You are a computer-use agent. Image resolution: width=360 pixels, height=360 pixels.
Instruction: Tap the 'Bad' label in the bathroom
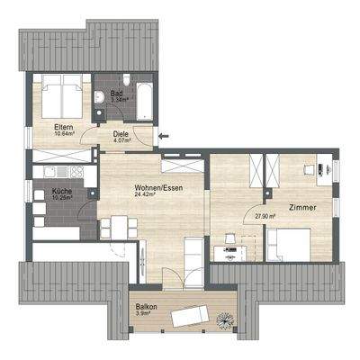(117, 93)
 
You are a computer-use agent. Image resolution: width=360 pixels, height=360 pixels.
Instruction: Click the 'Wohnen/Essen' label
(133, 185)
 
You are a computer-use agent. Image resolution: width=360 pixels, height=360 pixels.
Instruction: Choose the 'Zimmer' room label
(303, 208)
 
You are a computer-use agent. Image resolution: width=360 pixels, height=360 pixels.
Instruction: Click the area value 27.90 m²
(265, 216)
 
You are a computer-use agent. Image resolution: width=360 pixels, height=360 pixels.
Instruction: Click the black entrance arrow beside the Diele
(162, 137)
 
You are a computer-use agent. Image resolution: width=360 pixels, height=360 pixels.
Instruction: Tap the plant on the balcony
(224, 317)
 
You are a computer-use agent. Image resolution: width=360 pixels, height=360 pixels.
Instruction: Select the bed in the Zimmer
(290, 243)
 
